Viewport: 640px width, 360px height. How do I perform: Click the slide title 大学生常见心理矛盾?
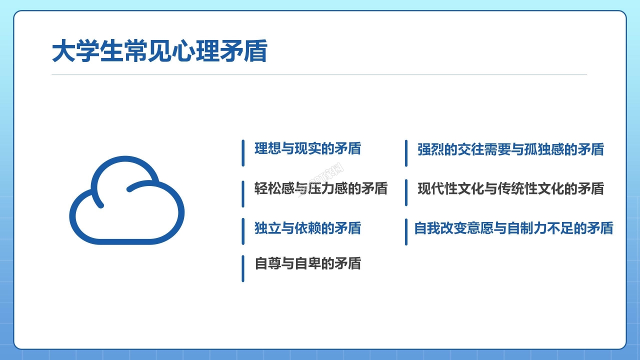159,51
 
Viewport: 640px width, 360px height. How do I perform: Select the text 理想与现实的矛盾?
307,148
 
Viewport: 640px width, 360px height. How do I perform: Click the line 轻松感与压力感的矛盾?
321,188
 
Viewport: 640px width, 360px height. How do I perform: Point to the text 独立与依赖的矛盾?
307,228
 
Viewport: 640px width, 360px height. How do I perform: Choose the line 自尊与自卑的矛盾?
307,263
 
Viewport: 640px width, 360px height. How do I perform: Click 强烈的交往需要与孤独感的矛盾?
510,149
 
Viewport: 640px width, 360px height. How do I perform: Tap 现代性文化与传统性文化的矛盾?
510,188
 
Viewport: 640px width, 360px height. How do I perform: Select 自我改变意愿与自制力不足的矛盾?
513,228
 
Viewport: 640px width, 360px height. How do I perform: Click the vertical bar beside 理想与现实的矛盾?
243,153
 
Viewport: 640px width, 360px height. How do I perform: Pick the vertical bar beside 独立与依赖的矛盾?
243,231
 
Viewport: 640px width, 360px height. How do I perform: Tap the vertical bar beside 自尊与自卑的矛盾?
243,268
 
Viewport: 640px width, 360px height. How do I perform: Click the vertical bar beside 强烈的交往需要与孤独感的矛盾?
406,153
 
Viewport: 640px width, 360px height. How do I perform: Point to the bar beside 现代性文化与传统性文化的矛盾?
406,192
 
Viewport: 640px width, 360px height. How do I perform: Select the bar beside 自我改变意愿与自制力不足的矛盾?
406,232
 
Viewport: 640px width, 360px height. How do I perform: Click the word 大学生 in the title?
87,51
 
